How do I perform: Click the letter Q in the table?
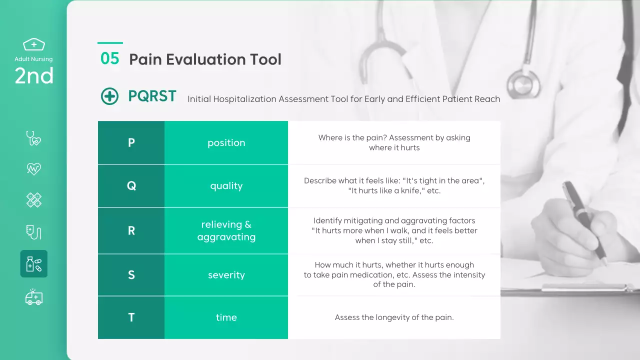tap(131, 186)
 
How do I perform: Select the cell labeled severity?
tap(226, 275)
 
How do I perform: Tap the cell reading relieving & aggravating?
tap(226, 230)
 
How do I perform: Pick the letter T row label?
tap(131, 317)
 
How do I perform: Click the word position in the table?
tap(226, 143)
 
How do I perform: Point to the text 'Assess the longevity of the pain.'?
tap(394, 317)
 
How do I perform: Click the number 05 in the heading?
tap(109, 58)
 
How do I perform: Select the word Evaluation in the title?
tap(205, 59)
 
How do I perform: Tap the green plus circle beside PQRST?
tap(109, 96)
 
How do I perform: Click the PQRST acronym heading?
tap(152, 96)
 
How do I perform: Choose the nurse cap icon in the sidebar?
tap(33, 44)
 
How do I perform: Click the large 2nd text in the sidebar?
tap(34, 76)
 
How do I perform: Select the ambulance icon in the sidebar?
tap(34, 297)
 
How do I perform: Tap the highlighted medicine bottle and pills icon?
tap(34, 263)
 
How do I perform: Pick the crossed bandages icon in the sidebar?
tap(34, 200)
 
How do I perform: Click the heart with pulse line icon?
tap(34, 168)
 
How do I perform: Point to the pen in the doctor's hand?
tap(584, 223)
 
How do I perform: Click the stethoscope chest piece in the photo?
tap(523, 84)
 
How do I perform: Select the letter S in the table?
tap(131, 275)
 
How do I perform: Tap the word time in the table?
tap(226, 317)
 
